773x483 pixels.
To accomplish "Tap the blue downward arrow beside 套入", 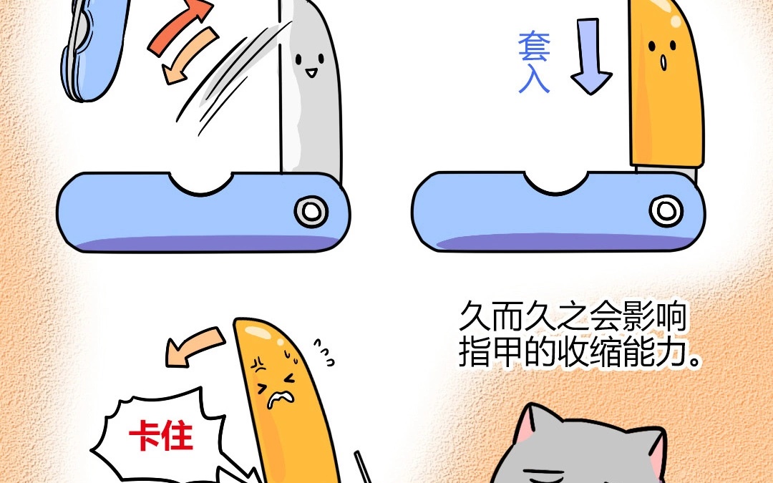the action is point(590,56).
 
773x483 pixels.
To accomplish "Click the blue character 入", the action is point(534,78).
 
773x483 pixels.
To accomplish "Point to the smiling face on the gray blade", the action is point(310,64).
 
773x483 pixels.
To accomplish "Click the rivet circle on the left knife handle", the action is point(311,211).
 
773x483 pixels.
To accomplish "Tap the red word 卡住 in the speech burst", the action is point(160,436).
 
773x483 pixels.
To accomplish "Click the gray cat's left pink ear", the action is point(525,424).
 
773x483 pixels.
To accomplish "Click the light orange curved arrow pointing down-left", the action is point(190,55).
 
